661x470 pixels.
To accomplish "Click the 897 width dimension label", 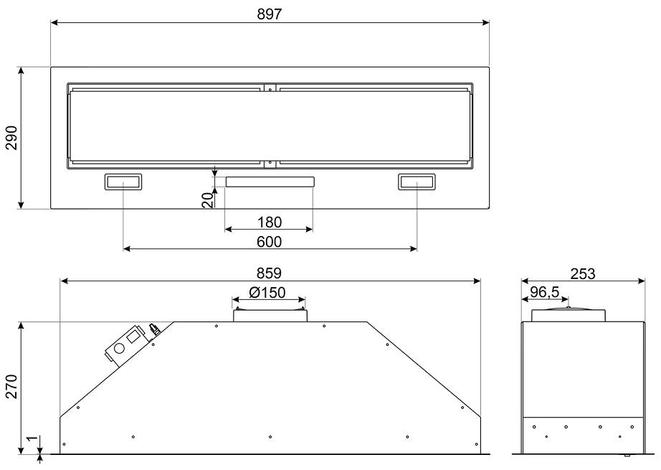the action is (270, 14).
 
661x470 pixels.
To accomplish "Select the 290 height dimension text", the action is (11, 138).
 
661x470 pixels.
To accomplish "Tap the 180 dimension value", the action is (270, 222).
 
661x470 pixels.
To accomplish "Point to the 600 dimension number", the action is (270, 242).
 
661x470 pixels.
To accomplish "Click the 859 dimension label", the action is (270, 273).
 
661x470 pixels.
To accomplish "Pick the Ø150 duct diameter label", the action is (267, 292).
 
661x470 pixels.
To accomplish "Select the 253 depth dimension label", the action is (583, 274).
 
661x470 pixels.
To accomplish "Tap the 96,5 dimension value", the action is (545, 292).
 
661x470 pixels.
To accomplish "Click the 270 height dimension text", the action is (11, 387).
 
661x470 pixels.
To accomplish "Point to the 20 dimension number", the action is (207, 200).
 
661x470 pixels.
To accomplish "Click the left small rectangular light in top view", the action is (123, 182).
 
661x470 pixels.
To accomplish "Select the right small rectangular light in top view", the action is (417, 182).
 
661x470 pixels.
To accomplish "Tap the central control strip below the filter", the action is (270, 182).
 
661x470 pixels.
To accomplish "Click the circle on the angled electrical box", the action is (119, 349).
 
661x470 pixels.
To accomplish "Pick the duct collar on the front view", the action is (270, 315).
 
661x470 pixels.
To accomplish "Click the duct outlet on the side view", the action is (569, 315).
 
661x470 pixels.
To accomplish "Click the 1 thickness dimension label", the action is (30, 438).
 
